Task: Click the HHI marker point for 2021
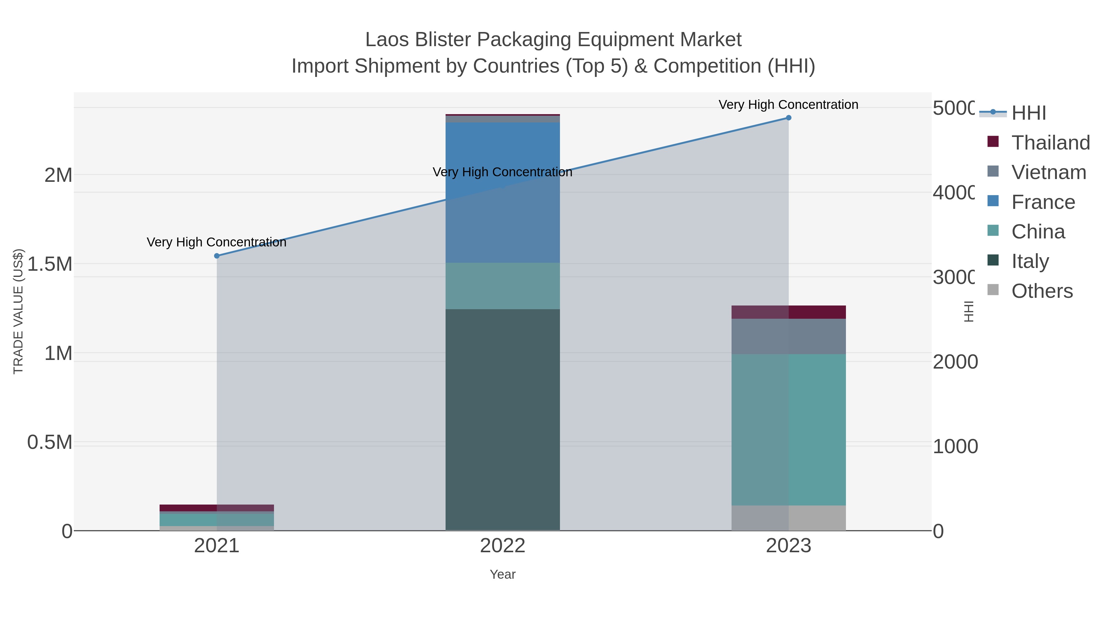(216, 256)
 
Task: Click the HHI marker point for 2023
(788, 118)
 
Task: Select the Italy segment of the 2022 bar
(502, 419)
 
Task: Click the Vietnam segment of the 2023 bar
(788, 336)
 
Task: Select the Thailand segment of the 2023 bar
(788, 312)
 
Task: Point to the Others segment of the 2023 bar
(788, 518)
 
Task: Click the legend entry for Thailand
(1050, 143)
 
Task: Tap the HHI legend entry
(1028, 113)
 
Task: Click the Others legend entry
(1042, 291)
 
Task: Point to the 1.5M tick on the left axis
(50, 264)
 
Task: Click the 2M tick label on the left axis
(58, 175)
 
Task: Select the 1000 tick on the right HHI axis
(955, 446)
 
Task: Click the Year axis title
(502, 574)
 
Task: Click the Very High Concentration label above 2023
(788, 105)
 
